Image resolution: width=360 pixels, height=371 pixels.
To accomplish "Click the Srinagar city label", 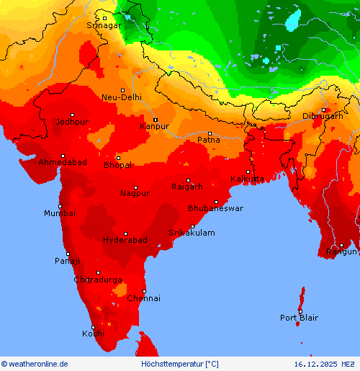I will (104, 25).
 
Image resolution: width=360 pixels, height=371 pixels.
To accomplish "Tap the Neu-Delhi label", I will (122, 97).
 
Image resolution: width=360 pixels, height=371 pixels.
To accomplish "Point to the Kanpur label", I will (154, 126).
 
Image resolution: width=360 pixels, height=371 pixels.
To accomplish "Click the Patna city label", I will (209, 140).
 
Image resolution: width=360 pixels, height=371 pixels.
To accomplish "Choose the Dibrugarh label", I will (322, 116).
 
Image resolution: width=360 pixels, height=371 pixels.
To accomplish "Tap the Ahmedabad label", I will (63, 163).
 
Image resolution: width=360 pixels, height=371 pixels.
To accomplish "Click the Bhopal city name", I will (117, 165).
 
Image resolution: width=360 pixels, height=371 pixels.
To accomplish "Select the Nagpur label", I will (135, 193).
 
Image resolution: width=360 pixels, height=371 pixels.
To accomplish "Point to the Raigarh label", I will (187, 187).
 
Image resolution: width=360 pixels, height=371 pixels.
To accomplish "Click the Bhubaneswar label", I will (215, 208).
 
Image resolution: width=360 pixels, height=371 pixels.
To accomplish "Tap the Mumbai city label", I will (59, 213).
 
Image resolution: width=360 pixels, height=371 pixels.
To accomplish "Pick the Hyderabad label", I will (125, 240).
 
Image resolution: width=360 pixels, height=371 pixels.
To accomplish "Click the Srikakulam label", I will (192, 233).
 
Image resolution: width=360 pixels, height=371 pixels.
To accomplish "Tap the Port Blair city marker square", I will (300, 311).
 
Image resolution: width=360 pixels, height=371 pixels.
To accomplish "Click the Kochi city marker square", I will (92, 327).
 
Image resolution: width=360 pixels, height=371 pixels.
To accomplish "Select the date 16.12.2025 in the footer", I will (315, 364).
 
